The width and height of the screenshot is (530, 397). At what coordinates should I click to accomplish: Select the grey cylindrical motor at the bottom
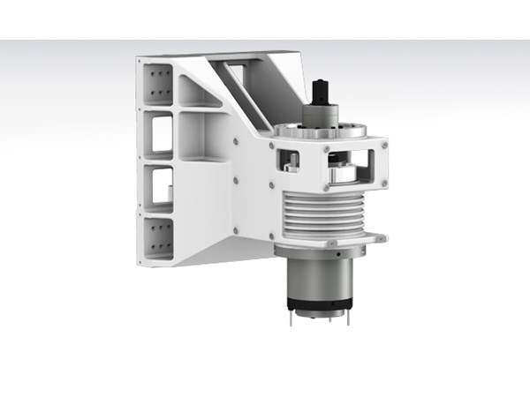pyautogui.click(x=319, y=281)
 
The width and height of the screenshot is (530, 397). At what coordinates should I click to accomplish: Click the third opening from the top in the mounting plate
pyautogui.click(x=161, y=184)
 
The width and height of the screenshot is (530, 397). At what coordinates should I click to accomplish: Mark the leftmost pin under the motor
pyautogui.click(x=289, y=318)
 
